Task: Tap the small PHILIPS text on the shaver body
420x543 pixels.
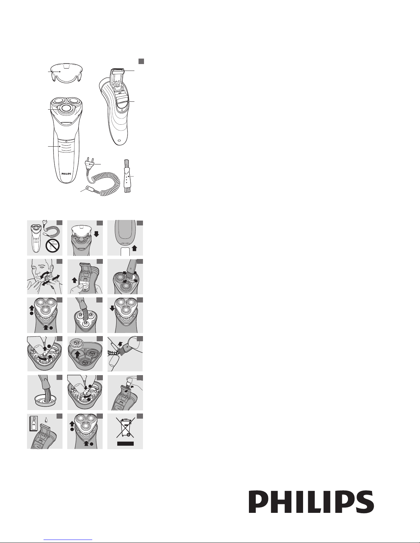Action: [67, 174]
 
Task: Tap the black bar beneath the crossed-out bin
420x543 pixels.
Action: [125, 444]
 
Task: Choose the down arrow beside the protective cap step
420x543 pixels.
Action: [96, 234]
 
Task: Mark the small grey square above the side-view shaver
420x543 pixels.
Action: [141, 61]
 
